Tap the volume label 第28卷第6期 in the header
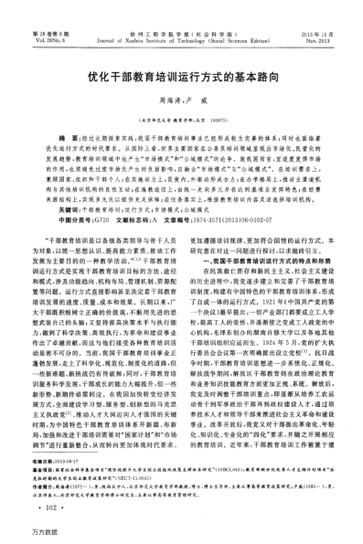point(43,11)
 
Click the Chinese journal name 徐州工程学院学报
point(181,11)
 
